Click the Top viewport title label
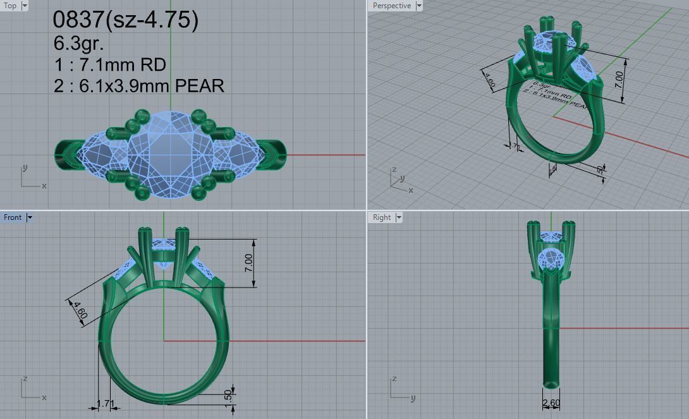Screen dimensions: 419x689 [11, 6]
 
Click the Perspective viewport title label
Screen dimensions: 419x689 [391, 6]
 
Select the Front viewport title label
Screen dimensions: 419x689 [13, 217]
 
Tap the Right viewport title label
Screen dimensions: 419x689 [382, 217]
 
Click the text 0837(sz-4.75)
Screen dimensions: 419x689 [126, 21]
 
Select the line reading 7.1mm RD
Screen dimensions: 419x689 [110, 64]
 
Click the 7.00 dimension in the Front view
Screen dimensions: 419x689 [248, 263]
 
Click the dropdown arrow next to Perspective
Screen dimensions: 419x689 [418, 6]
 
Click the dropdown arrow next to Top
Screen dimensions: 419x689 [25, 6]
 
